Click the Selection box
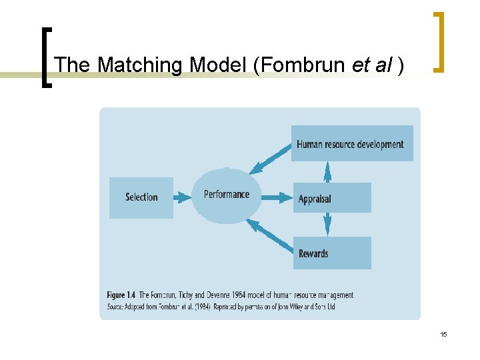pos(141,197)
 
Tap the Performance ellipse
pos(227,195)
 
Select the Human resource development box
pos(351,143)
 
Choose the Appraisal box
pos(332,198)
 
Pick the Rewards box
pos(332,253)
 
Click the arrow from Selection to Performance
pos(182,197)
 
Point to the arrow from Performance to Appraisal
pos(277,197)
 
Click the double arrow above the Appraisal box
pos(327,172)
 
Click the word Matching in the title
pos(141,65)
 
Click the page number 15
pos(443,335)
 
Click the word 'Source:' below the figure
pos(117,307)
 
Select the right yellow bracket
pos(439,41)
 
